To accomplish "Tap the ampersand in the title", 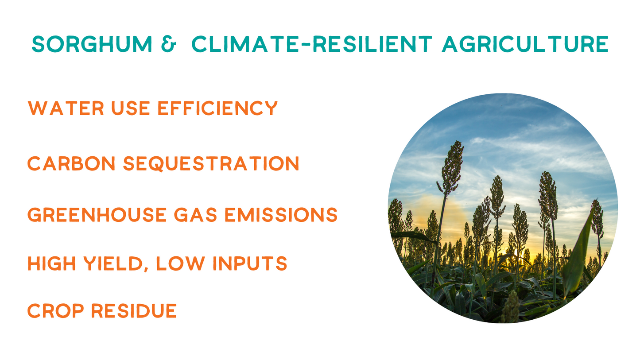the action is click(169, 44).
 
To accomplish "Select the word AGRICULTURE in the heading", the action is click(525, 44).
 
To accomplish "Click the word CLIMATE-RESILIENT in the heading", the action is click(312, 44).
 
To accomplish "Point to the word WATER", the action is click(66, 108).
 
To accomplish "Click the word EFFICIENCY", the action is click(218, 108).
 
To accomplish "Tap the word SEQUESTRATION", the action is click(211, 163).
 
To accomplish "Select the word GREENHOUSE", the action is click(97, 215).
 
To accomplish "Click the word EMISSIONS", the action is click(281, 215).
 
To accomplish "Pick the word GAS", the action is click(196, 215).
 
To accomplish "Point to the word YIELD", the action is click(113, 263).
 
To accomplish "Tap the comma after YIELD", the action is click(146, 269).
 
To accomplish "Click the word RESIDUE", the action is click(134, 310).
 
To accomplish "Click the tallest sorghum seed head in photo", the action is click(451, 167).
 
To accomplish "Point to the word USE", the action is click(131, 108).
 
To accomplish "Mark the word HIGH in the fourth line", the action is click(52, 263).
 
